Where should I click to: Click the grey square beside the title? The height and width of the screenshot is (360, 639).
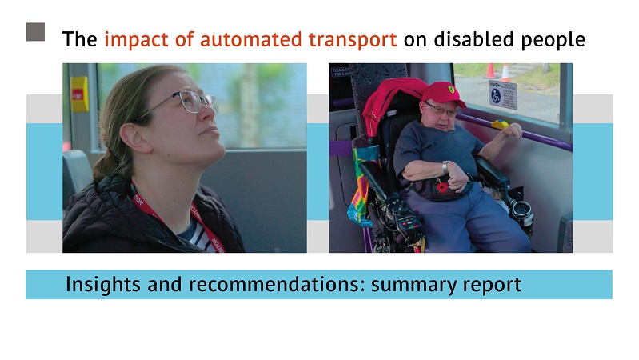pyautogui.click(x=35, y=32)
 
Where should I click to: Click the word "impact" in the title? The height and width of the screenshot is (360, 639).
pyautogui.click(x=136, y=40)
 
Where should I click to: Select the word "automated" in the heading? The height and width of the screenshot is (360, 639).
pyautogui.click(x=250, y=39)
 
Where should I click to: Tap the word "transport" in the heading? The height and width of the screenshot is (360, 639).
pyautogui.click(x=353, y=40)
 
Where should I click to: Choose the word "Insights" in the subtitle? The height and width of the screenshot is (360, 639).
pyautogui.click(x=103, y=285)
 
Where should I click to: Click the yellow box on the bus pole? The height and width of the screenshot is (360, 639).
pyautogui.click(x=79, y=94)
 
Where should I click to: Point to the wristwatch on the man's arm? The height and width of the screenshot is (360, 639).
pyautogui.click(x=445, y=166)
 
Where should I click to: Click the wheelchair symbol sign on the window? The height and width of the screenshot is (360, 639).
pyautogui.click(x=502, y=95)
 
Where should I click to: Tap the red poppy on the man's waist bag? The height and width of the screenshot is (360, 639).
pyautogui.click(x=442, y=187)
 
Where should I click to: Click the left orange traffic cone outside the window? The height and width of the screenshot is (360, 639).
pyautogui.click(x=490, y=70)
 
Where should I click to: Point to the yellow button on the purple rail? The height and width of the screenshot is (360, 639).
pyautogui.click(x=500, y=124)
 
